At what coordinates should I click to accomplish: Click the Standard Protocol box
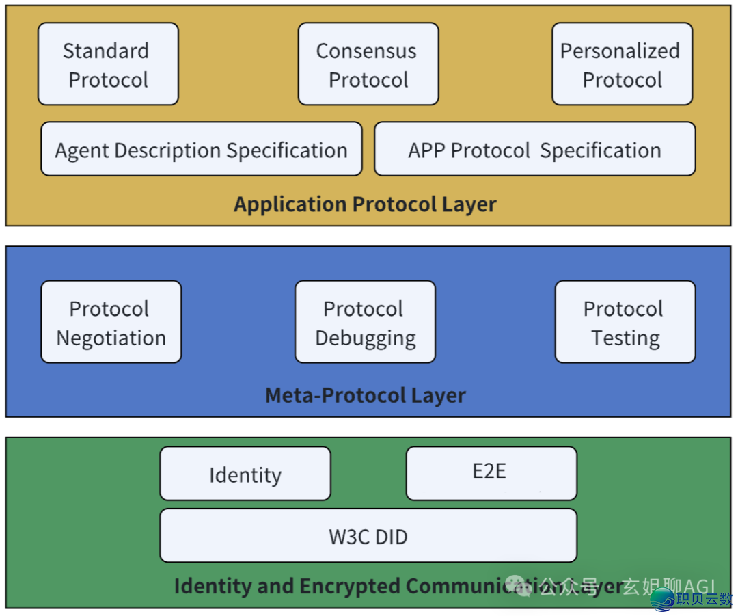[108, 64]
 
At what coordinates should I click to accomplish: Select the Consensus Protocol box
[368, 64]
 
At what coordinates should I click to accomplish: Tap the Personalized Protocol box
[622, 64]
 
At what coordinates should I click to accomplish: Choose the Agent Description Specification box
[201, 150]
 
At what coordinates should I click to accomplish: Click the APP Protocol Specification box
[534, 150]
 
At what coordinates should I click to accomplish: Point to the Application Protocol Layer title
[365, 204]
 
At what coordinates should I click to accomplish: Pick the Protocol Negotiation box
[111, 322]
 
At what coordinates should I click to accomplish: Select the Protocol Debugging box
[365, 322]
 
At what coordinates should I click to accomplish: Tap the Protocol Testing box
[625, 322]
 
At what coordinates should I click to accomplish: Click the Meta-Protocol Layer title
[365, 395]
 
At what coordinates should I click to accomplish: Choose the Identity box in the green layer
[245, 474]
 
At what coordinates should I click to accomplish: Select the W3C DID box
[368, 536]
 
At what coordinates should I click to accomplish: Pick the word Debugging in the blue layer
[365, 338]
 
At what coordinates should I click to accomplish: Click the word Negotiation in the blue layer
[111, 338]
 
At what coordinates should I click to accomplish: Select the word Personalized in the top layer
[620, 51]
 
